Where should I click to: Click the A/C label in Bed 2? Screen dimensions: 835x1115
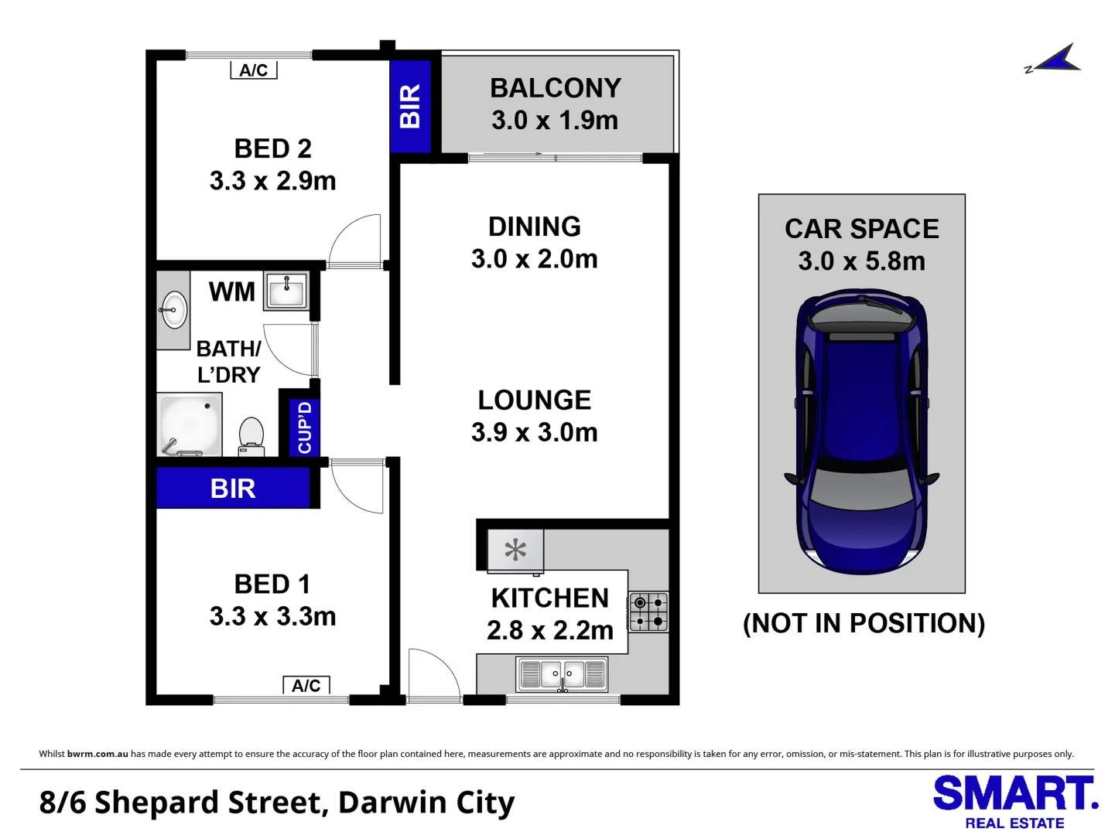point(254,70)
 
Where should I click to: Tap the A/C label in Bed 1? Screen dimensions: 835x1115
point(306,685)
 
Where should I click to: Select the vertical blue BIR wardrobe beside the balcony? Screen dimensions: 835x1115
point(410,106)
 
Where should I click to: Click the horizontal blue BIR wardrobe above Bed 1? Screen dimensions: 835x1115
point(233,489)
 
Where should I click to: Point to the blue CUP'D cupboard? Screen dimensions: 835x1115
point(304,427)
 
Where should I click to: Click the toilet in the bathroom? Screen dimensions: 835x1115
point(251,437)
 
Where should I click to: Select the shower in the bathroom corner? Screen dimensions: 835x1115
point(190,425)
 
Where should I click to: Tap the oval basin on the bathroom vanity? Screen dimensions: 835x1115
point(174,310)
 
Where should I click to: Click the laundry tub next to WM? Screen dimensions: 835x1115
point(286,291)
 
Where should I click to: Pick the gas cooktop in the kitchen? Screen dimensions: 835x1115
point(648,612)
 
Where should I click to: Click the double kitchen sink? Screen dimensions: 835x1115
point(563,674)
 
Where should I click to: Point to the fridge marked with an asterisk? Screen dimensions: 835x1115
point(515,550)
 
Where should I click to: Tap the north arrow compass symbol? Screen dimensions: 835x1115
point(1055,60)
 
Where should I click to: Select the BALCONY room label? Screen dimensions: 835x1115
point(556,88)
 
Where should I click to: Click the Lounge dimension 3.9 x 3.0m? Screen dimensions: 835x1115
point(535,432)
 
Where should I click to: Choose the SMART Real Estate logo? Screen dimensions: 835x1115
point(1014,802)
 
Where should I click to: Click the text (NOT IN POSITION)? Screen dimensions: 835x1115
point(864,623)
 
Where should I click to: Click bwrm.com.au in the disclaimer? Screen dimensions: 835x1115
point(97,754)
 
